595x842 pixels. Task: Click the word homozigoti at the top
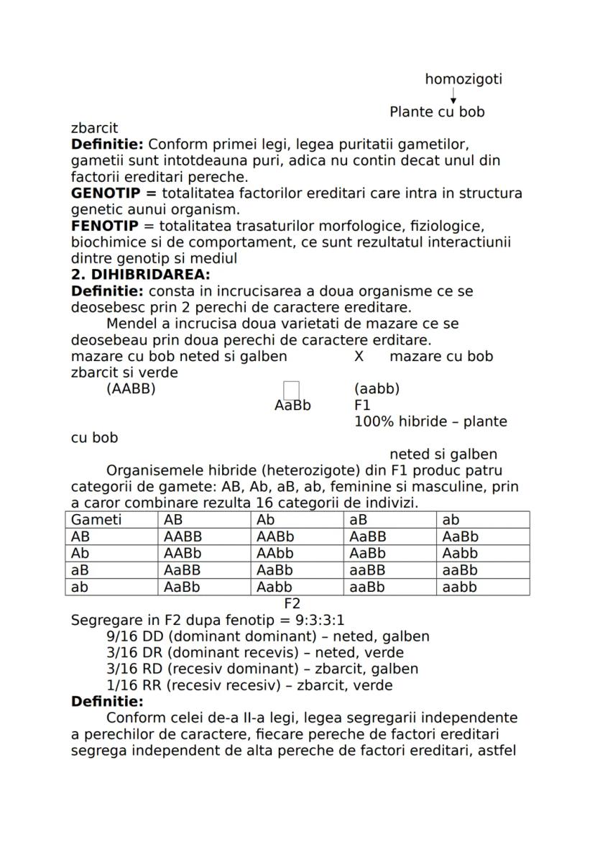tap(463, 79)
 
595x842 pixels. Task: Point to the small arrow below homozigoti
tap(453, 96)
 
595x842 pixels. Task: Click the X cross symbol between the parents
tap(359, 356)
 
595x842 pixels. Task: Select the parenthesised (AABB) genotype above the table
tap(131, 389)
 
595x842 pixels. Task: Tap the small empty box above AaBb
tap(291, 390)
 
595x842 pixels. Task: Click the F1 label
tap(362, 406)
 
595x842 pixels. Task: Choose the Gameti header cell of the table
tap(96, 520)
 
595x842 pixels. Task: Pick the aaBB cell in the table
tap(367, 570)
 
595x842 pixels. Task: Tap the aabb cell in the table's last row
tap(459, 587)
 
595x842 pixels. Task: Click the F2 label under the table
tap(292, 603)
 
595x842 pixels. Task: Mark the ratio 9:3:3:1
tap(324, 620)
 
